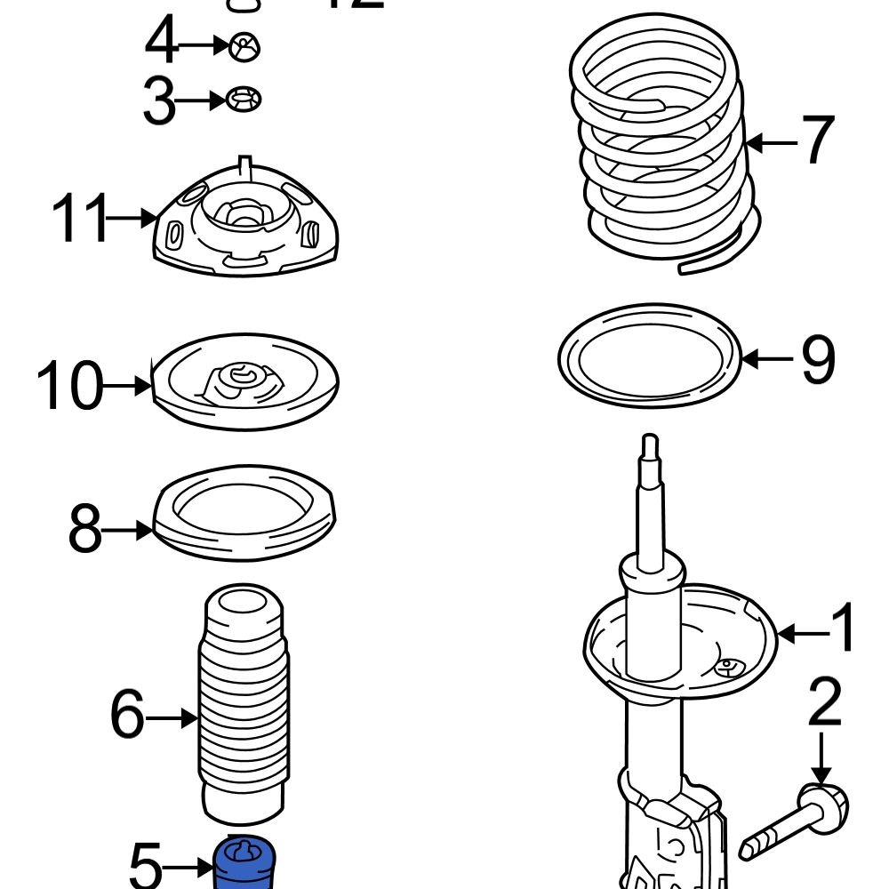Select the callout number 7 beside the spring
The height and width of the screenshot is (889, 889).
817,141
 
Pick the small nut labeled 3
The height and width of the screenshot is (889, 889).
244,100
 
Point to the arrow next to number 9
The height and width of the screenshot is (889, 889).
766,359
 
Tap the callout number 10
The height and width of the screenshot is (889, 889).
69,387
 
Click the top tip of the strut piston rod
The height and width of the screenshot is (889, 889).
650,440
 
